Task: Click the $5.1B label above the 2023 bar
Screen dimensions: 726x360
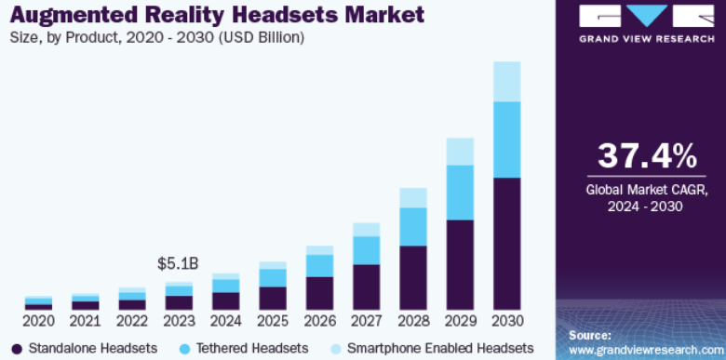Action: click(x=178, y=264)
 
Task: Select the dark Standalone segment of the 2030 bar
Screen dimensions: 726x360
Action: click(x=507, y=244)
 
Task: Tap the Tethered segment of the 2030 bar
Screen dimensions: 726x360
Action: click(x=507, y=140)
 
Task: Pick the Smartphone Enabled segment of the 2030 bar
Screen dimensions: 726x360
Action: click(x=507, y=82)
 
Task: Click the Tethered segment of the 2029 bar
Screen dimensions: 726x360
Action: click(x=460, y=193)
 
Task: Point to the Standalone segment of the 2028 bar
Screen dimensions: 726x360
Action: click(x=413, y=277)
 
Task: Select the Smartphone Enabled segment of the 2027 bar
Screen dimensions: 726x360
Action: click(x=366, y=230)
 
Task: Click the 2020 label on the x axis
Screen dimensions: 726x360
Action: click(x=38, y=321)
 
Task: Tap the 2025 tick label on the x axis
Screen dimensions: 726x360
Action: click(x=272, y=321)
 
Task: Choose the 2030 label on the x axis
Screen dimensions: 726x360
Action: click(x=507, y=321)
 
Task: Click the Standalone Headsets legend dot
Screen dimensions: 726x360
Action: click(x=17, y=349)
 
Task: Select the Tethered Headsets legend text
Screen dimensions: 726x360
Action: click(x=252, y=348)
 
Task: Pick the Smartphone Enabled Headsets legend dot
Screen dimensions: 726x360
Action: click(x=335, y=349)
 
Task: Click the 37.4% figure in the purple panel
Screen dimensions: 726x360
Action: click(x=647, y=156)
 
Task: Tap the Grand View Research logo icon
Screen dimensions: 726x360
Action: click(x=646, y=16)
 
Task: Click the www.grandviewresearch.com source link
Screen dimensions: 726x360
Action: click(x=647, y=349)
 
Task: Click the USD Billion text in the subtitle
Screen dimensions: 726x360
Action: click(x=262, y=37)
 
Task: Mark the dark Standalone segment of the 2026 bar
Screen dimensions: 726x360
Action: click(x=319, y=293)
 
